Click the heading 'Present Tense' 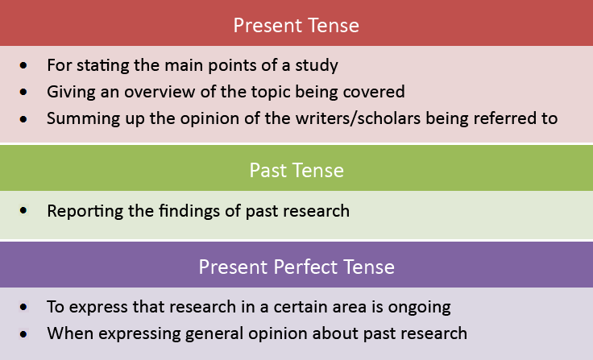(x=296, y=25)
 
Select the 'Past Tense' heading (x=296, y=170)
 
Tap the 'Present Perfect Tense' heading (x=296, y=267)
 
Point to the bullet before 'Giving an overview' (x=24, y=92)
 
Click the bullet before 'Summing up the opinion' (x=24, y=118)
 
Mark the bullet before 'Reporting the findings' (x=24, y=211)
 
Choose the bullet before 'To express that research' (x=24, y=307)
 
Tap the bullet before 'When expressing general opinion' (x=24, y=332)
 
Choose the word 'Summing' (x=75, y=118)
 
